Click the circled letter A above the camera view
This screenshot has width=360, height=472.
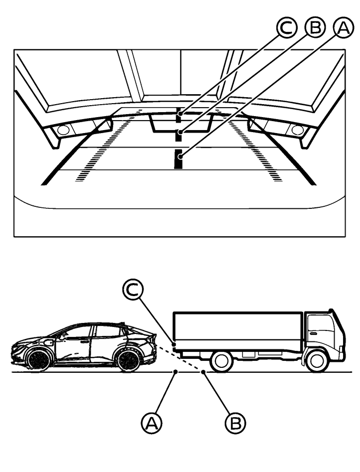point(344,28)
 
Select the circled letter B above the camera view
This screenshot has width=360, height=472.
point(316,28)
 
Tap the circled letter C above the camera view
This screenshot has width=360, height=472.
point(287,28)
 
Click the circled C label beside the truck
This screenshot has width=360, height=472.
point(133,289)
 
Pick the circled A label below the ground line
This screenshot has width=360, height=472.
point(151,424)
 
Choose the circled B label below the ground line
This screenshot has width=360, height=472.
point(235,423)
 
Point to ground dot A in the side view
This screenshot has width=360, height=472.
point(176,372)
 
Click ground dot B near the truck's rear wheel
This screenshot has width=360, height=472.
point(203,372)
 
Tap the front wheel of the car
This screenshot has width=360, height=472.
point(38,360)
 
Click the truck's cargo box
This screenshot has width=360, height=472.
point(238,331)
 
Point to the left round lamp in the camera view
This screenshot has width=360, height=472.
point(63,130)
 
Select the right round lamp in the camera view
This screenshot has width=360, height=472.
point(297,130)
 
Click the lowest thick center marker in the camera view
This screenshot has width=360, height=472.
point(179,158)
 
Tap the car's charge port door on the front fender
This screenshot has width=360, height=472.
point(48,343)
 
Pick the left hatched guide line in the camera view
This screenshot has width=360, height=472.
point(108,144)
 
